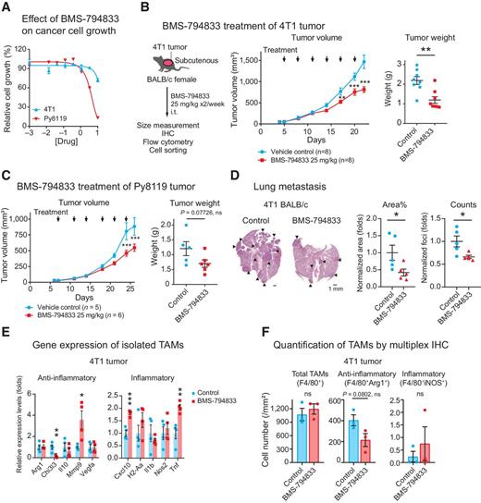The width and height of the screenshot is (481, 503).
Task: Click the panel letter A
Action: tap(7, 7)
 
